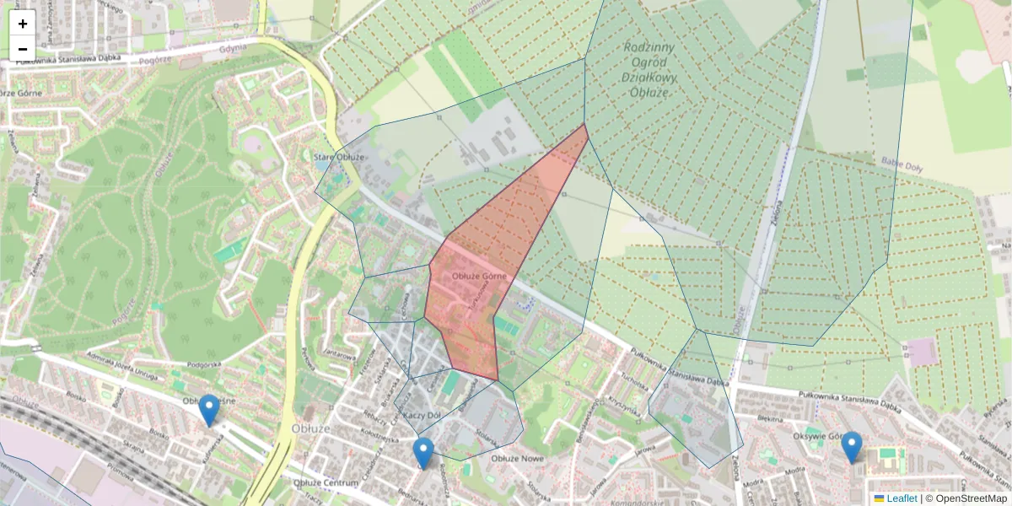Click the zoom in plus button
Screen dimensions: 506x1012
pos(23,23)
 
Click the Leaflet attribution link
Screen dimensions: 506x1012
pos(901,498)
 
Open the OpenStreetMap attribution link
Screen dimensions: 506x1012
pos(971,498)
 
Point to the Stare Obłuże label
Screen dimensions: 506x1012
pos(339,158)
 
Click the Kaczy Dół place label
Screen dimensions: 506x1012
pos(423,416)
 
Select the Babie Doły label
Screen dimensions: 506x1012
pos(902,163)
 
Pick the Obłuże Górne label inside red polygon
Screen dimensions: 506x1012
pos(478,276)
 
